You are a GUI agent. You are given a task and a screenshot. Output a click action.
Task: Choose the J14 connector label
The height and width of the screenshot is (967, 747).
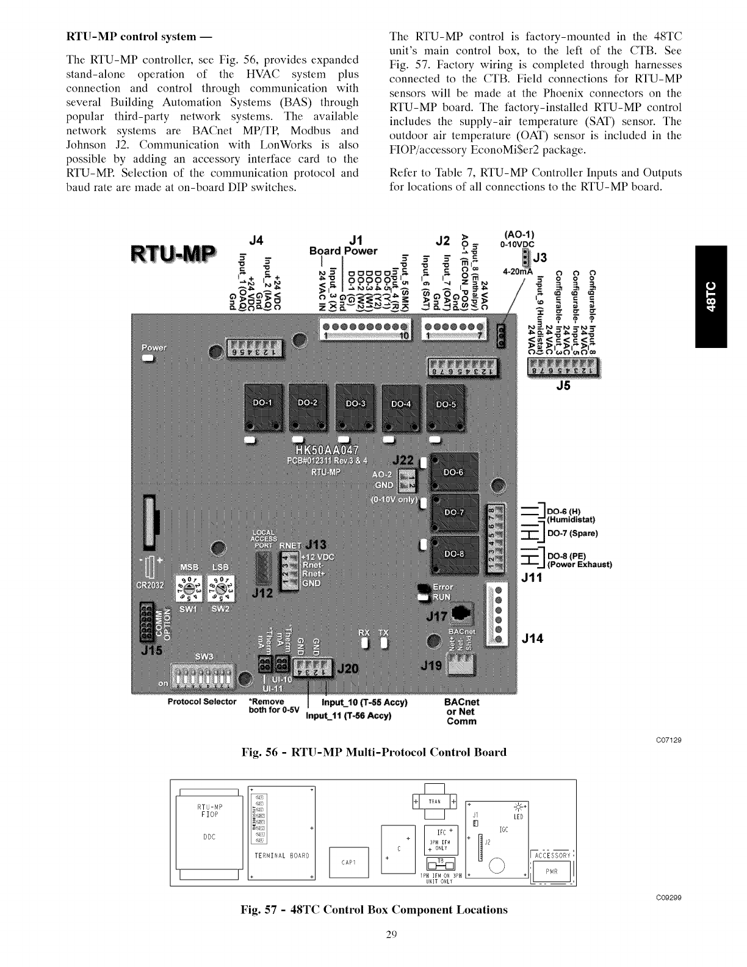[532, 639]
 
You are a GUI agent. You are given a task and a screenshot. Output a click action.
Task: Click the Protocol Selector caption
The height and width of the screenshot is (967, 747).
[201, 701]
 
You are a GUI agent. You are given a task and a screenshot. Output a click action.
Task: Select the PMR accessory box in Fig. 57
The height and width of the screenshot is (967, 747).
[552, 872]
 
